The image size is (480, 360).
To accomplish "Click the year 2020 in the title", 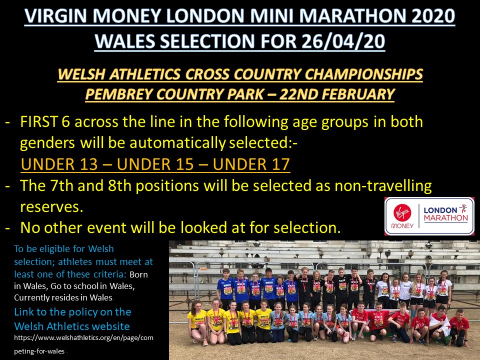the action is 433,15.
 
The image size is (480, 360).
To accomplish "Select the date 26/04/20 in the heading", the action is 343,41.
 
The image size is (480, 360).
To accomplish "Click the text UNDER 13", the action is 59,164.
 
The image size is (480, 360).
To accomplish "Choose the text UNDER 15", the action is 155,164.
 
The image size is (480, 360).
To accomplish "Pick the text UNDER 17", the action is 251,164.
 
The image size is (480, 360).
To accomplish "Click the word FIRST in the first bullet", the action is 39,122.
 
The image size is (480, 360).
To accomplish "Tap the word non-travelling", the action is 383,185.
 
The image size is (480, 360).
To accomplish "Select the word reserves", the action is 51,207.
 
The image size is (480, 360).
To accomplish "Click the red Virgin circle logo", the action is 402,212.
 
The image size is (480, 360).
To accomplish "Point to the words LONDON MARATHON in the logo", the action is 445,213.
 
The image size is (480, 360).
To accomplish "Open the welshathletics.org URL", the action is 83,344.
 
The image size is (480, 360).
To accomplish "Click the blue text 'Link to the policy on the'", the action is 72,312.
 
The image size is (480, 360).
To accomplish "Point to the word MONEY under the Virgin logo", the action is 402,226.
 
